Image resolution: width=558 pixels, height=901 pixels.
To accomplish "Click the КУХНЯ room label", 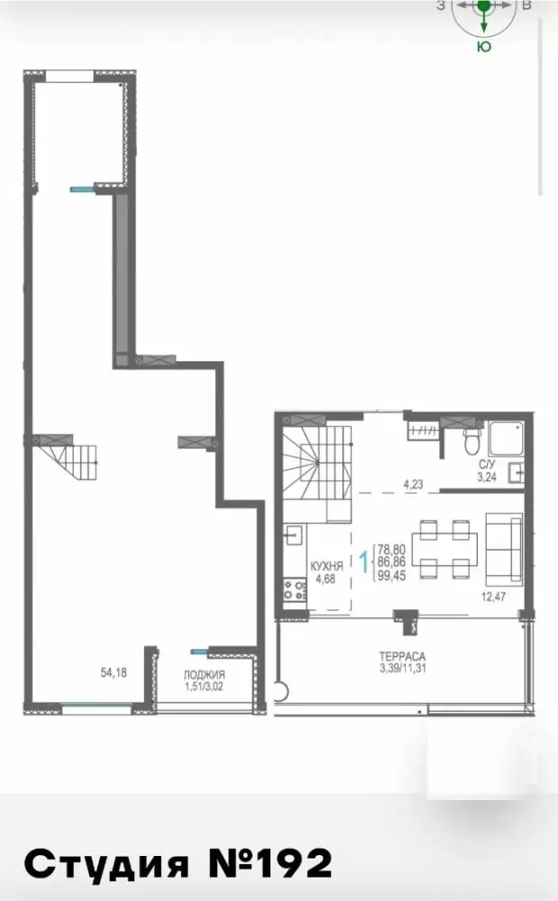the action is point(326,567).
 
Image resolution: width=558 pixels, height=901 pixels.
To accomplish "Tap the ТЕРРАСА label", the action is point(402,656).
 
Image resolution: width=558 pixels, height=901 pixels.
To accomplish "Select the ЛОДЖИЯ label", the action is point(204,675).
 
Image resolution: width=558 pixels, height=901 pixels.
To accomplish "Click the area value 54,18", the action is point(114,673).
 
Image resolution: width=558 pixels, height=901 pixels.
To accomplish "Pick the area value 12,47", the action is point(493,596).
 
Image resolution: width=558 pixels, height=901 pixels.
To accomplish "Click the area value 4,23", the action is point(413,485).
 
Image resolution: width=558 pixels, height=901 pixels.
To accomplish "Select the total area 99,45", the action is point(392,575).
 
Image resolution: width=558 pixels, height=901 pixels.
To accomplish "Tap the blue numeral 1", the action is point(364,562).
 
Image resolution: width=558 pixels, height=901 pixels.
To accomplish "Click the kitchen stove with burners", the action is point(294,590).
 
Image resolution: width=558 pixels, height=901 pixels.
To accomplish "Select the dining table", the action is point(444,549).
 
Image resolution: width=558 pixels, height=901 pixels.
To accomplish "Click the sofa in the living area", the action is point(504,549).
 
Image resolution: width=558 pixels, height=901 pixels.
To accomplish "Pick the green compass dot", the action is point(484,5).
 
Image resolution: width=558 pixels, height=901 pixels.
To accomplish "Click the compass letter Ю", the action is point(484,47).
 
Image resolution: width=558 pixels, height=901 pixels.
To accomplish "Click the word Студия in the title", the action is point(107,864).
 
